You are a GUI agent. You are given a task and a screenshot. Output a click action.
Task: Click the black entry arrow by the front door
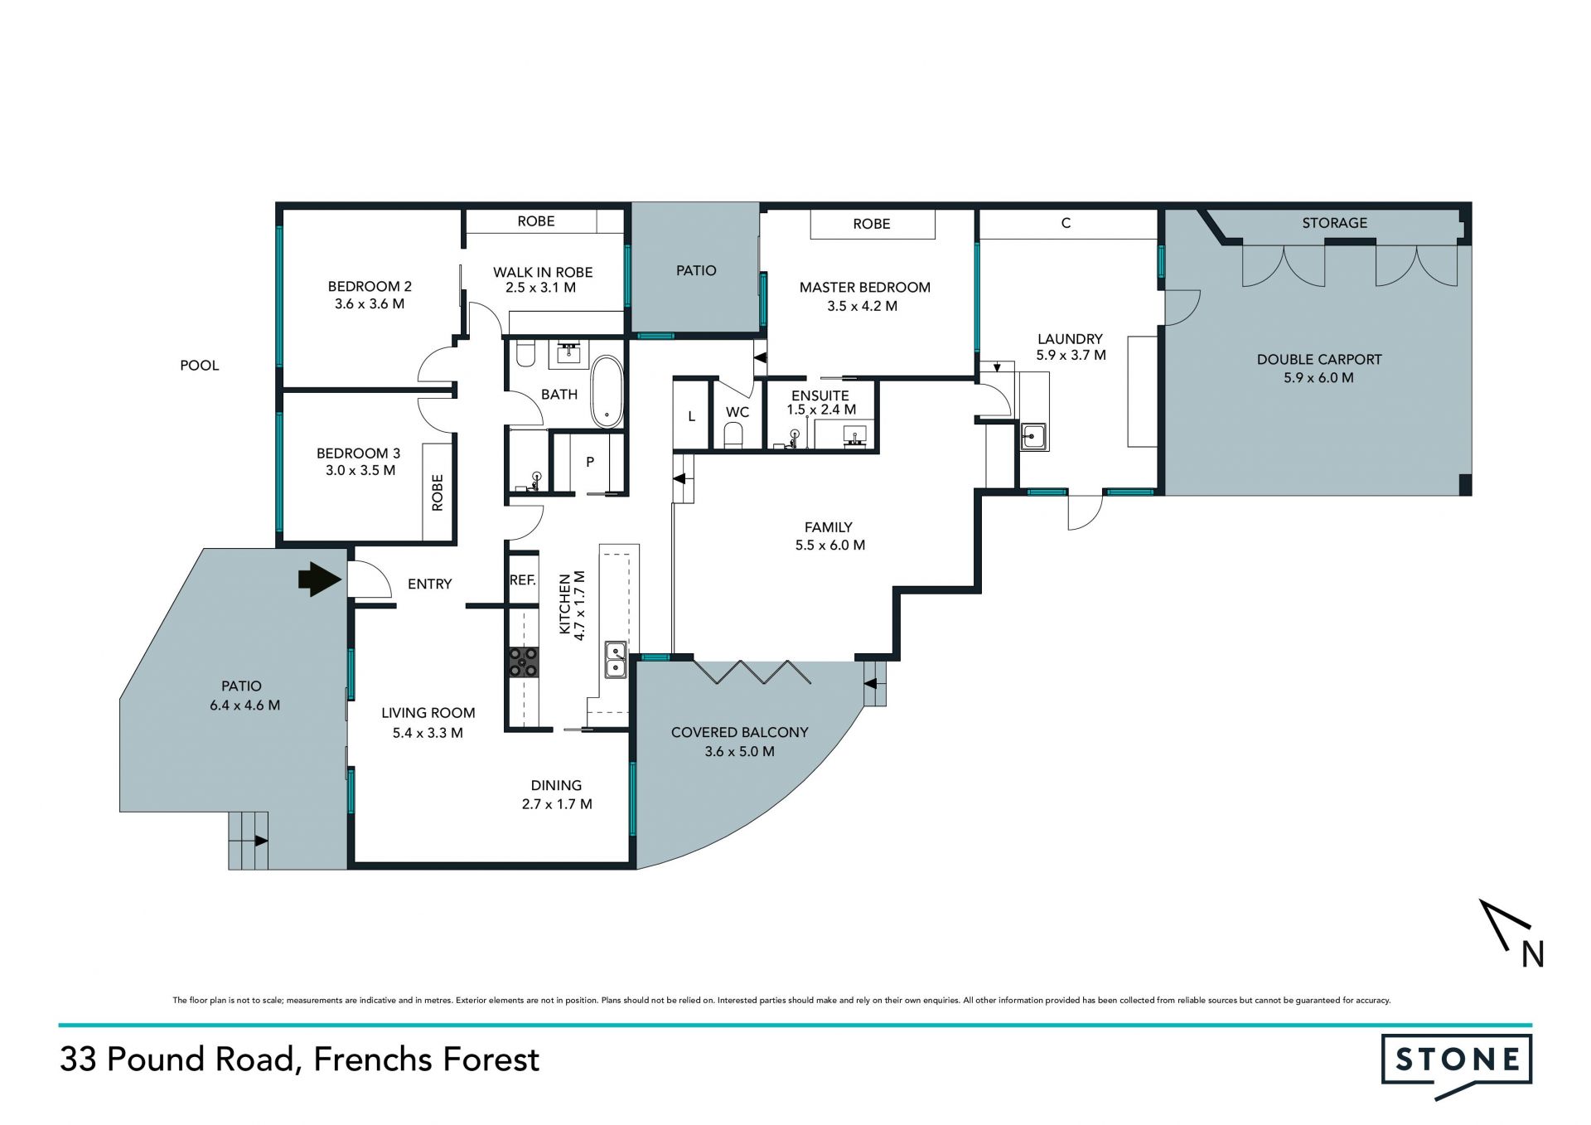(320, 579)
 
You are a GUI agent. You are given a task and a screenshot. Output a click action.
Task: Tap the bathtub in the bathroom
(607, 392)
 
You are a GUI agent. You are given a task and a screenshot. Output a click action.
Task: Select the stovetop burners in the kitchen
(523, 662)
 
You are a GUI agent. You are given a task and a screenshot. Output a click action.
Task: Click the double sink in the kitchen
(615, 660)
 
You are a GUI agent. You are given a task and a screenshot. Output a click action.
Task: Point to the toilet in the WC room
(734, 435)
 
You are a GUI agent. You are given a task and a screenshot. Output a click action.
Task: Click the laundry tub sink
(1032, 436)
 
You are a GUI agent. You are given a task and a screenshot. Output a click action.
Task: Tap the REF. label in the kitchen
(522, 580)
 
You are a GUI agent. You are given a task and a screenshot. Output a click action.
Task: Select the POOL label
(200, 366)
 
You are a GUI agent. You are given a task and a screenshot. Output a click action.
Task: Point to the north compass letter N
(1532, 955)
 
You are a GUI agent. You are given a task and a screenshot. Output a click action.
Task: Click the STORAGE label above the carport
(1334, 223)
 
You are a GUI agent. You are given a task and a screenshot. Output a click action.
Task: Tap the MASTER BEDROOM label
(864, 288)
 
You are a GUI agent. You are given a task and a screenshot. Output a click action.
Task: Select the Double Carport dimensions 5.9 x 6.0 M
(1318, 378)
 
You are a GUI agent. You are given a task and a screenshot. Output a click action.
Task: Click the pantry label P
(590, 462)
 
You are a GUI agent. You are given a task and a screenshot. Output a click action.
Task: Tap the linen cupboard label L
(691, 417)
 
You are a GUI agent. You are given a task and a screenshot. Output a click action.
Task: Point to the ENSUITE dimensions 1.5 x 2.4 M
(821, 410)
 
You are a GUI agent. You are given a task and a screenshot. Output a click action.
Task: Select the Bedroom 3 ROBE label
(438, 492)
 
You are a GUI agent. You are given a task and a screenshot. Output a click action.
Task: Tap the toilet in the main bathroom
(525, 353)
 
